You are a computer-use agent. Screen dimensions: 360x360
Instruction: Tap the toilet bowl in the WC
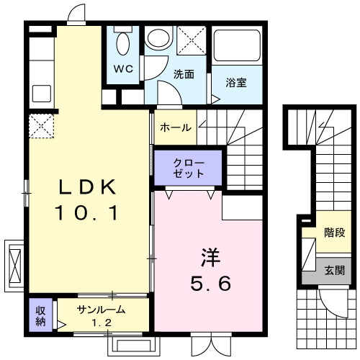tap(123, 43)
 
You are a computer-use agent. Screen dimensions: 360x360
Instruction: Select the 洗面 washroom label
tap(184, 73)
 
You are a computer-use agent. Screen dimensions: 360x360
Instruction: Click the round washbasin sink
tap(156, 39)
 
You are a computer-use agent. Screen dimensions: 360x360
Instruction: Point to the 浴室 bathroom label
tap(235, 81)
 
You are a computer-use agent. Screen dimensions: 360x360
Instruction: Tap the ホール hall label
tap(175, 127)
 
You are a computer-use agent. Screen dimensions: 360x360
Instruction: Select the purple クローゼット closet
tap(189, 168)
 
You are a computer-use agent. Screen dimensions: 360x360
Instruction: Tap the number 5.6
tap(210, 284)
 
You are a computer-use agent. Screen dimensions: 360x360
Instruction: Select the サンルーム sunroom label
tap(102, 310)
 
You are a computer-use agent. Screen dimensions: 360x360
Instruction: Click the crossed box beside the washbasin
tap(190, 40)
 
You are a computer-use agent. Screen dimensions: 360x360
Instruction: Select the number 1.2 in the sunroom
tap(102, 323)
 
